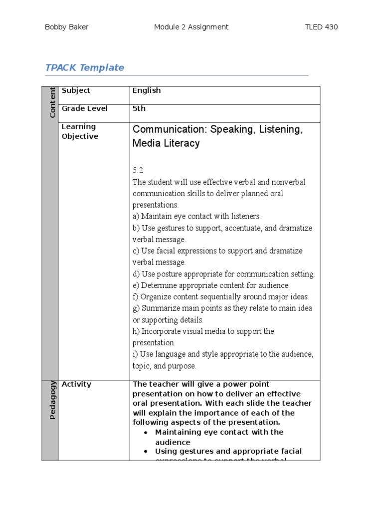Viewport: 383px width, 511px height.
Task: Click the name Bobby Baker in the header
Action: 67,27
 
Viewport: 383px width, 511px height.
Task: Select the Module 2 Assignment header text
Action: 191,27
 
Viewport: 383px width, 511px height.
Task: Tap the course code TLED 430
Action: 321,27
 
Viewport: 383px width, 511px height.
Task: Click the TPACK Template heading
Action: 85,67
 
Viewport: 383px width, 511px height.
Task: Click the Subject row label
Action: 76,90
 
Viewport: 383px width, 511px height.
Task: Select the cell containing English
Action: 147,90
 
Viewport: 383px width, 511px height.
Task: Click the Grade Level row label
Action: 84,108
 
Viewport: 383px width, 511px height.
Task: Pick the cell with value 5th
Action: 139,108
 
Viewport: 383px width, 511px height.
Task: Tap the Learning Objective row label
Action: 80,131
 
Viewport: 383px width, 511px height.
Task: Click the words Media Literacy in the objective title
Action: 166,143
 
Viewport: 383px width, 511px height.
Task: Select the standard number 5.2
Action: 138,170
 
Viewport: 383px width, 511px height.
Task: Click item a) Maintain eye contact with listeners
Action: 196,216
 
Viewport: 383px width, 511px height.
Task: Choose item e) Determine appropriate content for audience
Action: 211,285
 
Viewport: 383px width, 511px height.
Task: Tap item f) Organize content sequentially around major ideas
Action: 220,296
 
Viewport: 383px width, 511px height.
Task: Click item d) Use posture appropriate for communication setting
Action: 223,274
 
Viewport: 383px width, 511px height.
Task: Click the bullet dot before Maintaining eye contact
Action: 145,432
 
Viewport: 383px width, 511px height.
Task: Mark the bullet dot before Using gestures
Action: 145,451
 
